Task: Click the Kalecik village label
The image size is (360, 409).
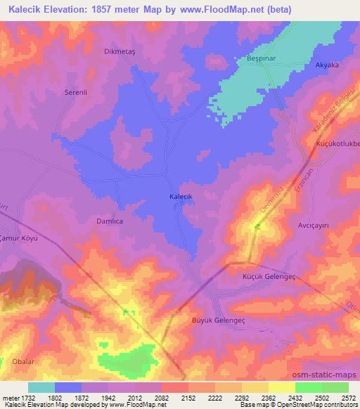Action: click(x=181, y=198)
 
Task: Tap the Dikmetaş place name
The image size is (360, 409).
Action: click(x=119, y=51)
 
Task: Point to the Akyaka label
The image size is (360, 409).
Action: click(x=327, y=65)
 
